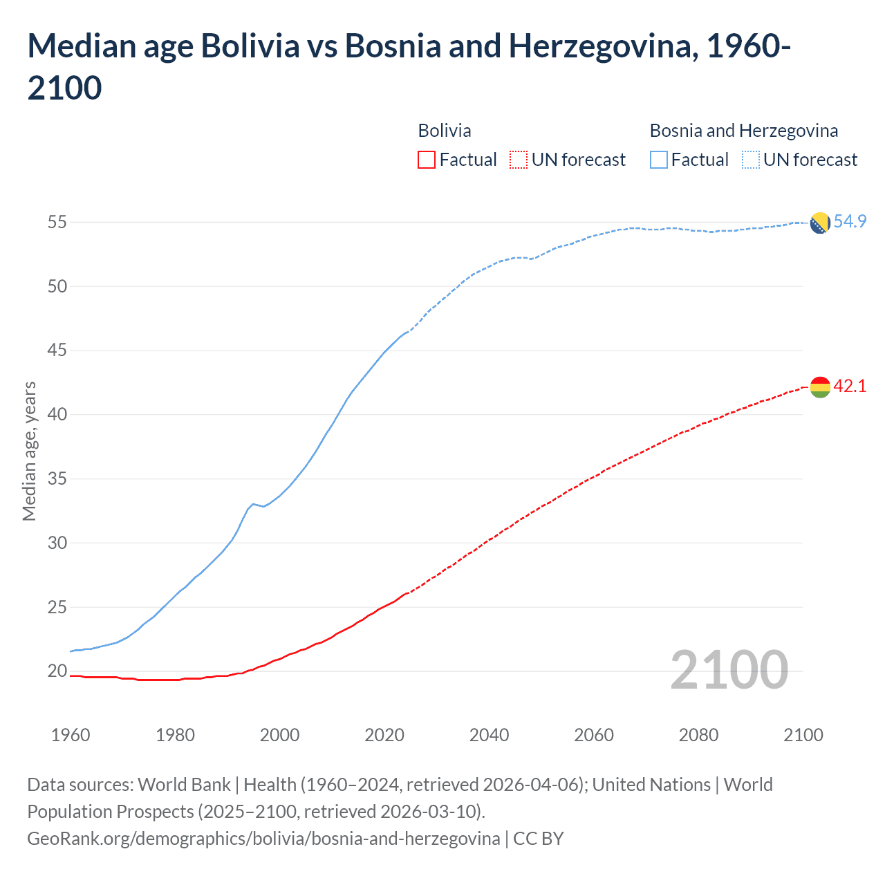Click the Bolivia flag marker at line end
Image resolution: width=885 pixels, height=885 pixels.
point(819,387)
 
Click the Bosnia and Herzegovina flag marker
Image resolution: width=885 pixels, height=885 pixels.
point(819,223)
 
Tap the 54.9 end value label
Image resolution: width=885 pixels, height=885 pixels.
point(850,221)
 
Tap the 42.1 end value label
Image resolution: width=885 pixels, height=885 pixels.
point(850,386)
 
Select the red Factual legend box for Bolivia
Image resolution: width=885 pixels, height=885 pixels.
point(427,160)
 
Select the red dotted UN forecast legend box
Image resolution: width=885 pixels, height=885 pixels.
point(519,160)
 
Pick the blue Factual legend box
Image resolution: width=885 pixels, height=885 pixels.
point(659,160)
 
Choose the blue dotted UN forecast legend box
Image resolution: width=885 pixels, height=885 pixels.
point(750,160)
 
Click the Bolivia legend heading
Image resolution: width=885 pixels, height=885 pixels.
point(445,131)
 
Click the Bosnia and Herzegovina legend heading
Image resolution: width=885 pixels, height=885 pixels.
point(743,131)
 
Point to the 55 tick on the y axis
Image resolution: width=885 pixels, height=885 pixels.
point(57,222)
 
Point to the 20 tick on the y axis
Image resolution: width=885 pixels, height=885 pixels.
point(57,671)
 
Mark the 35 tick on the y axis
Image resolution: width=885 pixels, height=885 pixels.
point(57,478)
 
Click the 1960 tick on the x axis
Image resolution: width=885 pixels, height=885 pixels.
point(71,735)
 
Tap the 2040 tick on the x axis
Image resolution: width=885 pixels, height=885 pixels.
point(489,735)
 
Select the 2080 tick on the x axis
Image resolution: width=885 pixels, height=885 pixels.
point(698,735)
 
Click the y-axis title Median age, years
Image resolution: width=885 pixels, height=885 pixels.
point(29,451)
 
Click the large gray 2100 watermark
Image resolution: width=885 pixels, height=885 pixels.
point(729,669)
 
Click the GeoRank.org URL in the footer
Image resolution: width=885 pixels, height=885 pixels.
point(263,839)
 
